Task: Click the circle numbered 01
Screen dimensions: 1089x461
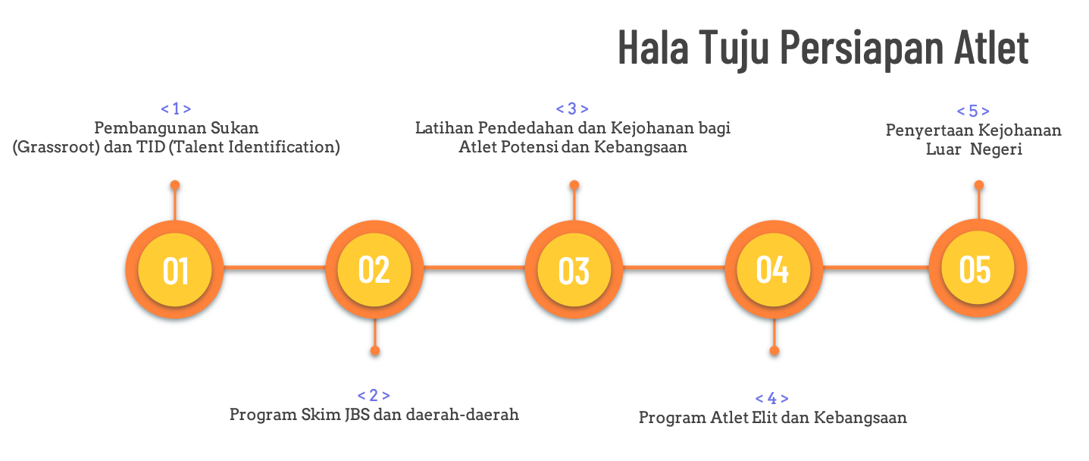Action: click(x=175, y=269)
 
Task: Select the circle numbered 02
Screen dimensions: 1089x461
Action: click(x=374, y=269)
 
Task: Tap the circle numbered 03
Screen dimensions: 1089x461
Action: click(x=574, y=269)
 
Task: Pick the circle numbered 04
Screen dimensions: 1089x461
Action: click(x=774, y=269)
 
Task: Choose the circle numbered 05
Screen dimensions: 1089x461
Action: click(x=978, y=268)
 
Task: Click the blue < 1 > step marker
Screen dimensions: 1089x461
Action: click(x=176, y=108)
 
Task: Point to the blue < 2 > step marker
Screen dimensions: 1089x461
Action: click(x=374, y=395)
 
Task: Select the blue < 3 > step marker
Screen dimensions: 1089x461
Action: click(x=572, y=108)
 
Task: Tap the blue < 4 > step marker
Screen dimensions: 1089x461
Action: click(x=772, y=398)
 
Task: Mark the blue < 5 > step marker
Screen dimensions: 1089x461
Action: click(x=973, y=111)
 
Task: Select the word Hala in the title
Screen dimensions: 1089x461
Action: click(x=653, y=47)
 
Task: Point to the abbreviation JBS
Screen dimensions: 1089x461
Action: click(x=358, y=415)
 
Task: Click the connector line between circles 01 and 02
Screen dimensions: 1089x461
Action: click(x=274, y=267)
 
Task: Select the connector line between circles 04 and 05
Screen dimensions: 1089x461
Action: click(x=876, y=267)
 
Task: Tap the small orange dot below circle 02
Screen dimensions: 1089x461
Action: click(x=375, y=350)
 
